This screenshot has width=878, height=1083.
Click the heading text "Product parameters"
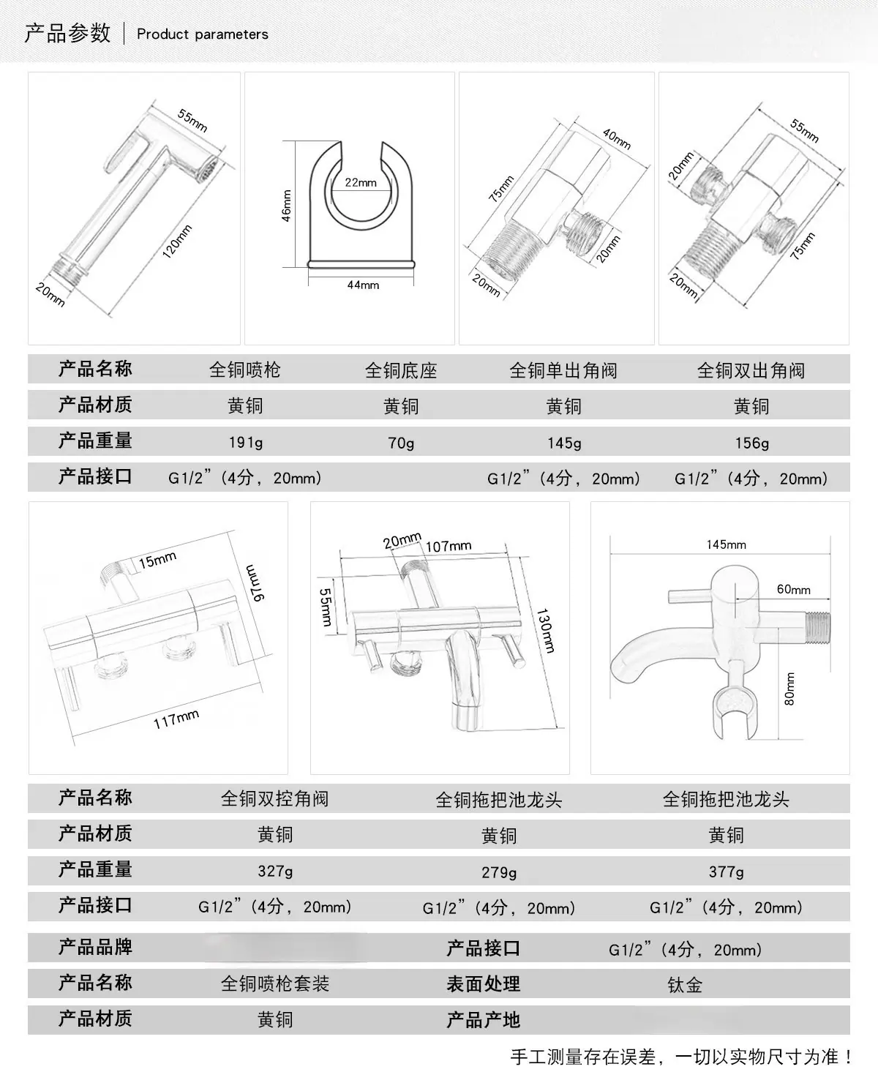pyautogui.click(x=203, y=34)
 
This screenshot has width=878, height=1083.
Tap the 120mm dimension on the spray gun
pyautogui.click(x=177, y=241)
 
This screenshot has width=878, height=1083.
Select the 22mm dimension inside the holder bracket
pyautogui.click(x=361, y=182)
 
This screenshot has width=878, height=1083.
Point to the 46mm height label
pyautogui.click(x=287, y=206)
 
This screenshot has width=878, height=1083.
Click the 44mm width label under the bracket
pyautogui.click(x=363, y=285)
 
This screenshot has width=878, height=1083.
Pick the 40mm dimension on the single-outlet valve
pyautogui.click(x=617, y=139)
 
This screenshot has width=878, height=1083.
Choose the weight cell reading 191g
pyautogui.click(x=246, y=443)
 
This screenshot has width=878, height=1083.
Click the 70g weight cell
pyautogui.click(x=401, y=443)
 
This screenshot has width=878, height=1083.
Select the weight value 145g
pyautogui.click(x=564, y=443)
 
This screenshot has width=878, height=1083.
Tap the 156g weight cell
pyautogui.click(x=752, y=443)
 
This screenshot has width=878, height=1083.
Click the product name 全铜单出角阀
pyautogui.click(x=563, y=370)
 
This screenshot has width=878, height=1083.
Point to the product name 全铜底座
pyautogui.click(x=401, y=370)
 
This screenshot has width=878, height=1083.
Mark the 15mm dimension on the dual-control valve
pyautogui.click(x=157, y=560)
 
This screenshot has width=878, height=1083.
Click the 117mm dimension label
pyautogui.click(x=176, y=719)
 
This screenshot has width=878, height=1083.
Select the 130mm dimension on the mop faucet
pyautogui.click(x=545, y=630)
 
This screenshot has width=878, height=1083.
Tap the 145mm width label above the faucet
pyautogui.click(x=726, y=544)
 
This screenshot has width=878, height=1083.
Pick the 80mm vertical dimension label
pyautogui.click(x=789, y=689)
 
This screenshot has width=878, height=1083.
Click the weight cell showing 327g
pyautogui.click(x=275, y=871)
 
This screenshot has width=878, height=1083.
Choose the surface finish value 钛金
pyautogui.click(x=685, y=985)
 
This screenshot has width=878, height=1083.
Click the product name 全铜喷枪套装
pyautogui.click(x=275, y=984)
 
